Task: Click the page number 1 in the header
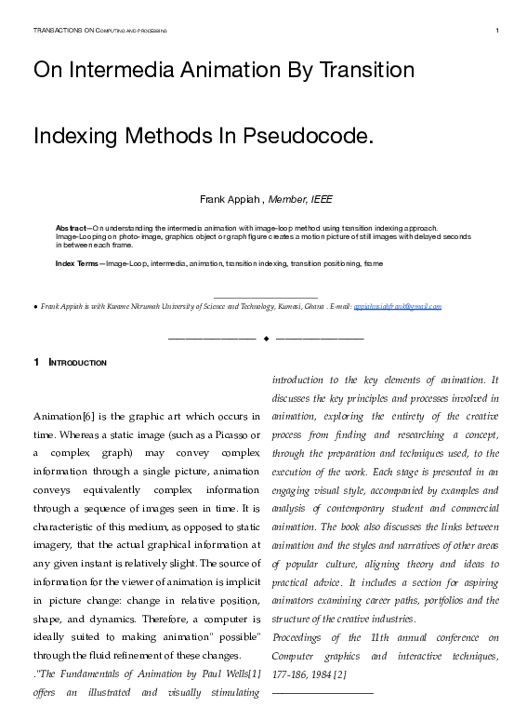pos(498,31)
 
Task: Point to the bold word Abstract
pos(72,228)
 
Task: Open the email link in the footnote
pos(398,306)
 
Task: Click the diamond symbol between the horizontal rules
pos(266,337)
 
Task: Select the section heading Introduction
pos(78,363)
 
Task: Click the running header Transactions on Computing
pos(99,31)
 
